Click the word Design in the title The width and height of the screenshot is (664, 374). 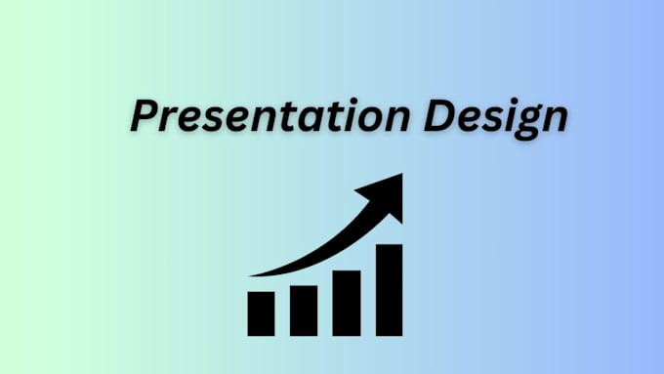pyautogui.click(x=495, y=117)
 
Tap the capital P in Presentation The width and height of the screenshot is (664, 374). pyautogui.click(x=145, y=116)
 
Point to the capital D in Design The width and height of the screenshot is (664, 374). pyautogui.click(x=441, y=116)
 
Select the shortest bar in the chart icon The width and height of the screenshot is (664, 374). pyautogui.click(x=261, y=312)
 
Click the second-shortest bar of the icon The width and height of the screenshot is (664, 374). pyautogui.click(x=304, y=310)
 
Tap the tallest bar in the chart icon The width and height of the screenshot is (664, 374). pyautogui.click(x=389, y=289)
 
